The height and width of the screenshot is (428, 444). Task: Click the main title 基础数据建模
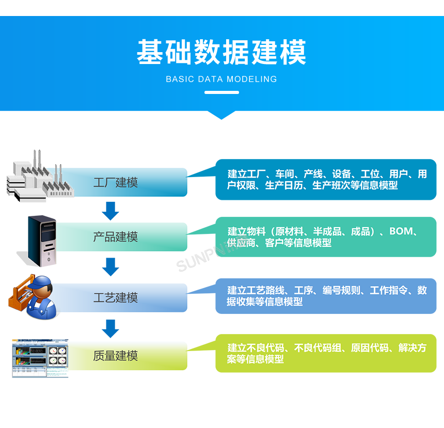point(221,52)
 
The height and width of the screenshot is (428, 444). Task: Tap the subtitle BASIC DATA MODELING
point(221,79)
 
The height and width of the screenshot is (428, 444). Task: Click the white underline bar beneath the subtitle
point(221,92)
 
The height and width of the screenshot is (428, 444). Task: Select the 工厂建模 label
point(116,182)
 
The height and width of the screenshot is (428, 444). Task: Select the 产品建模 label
point(116,237)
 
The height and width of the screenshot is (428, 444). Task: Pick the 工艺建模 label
point(116,298)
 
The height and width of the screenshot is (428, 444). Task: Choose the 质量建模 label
point(116,356)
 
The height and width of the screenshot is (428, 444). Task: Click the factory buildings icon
point(41,176)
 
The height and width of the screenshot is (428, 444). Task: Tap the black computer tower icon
point(42,240)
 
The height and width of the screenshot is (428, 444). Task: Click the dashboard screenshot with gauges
point(40,358)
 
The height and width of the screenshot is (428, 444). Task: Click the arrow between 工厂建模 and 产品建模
point(110,211)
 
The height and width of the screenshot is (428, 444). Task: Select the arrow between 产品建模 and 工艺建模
point(110,267)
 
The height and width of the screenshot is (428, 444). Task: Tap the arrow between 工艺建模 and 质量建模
point(110,328)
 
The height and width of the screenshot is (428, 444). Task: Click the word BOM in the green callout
point(401,231)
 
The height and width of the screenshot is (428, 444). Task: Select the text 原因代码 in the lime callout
point(370,348)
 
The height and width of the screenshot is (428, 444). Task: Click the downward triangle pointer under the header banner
point(221,115)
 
